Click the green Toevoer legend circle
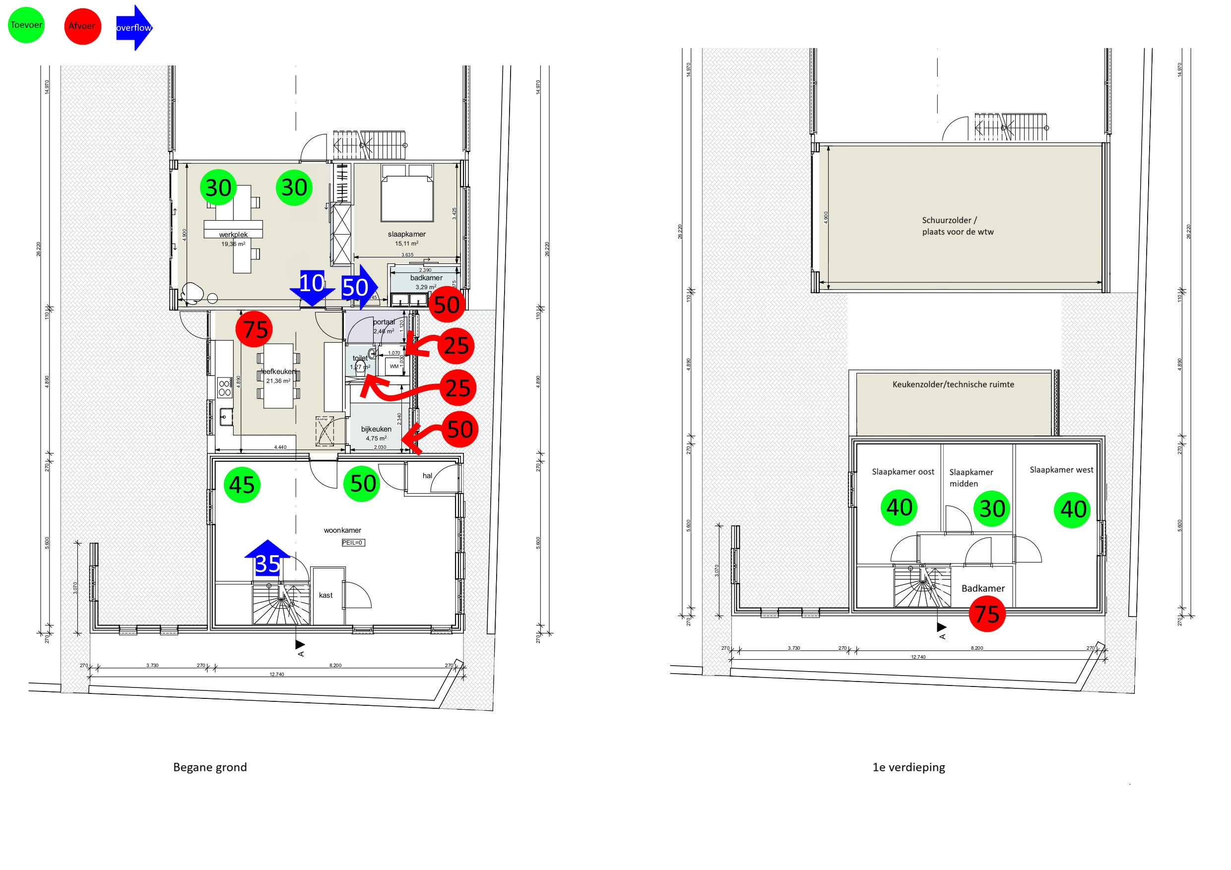(26, 25)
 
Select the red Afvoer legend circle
(82, 26)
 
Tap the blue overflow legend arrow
(134, 27)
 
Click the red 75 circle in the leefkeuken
(254, 329)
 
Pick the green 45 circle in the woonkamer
(242, 485)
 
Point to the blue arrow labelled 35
(267, 560)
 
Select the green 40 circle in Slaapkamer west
(1072, 509)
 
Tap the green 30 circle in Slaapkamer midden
(992, 508)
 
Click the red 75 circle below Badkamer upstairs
(987, 614)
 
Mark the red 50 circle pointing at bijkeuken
(459, 430)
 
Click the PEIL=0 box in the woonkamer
(353, 543)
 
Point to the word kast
(325, 595)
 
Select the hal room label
(427, 476)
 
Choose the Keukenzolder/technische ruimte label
(953, 384)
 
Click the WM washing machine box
(394, 366)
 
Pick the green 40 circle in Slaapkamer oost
(899, 507)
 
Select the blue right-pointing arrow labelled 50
(358, 287)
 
